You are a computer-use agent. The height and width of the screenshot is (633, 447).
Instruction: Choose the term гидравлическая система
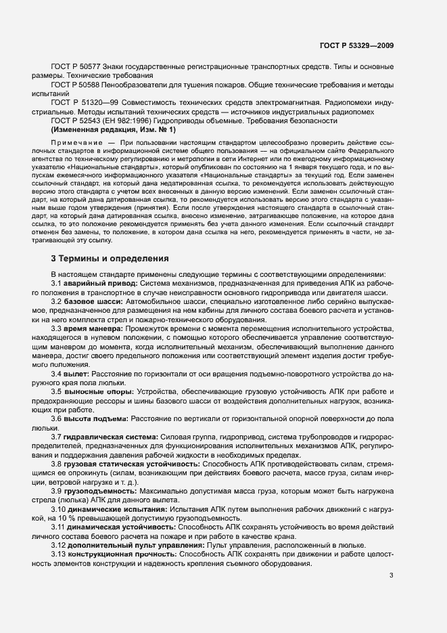tap(103, 437)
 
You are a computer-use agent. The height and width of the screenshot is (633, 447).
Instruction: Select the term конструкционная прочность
tap(112, 553)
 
